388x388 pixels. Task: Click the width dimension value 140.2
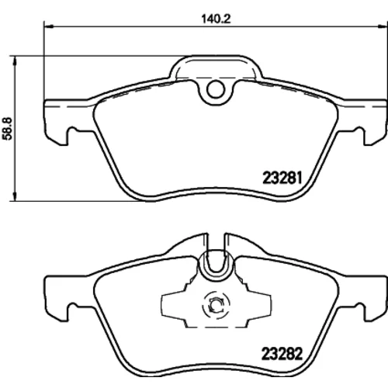pyautogui.click(x=216, y=19)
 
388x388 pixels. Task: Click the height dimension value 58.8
pyautogui.click(x=8, y=129)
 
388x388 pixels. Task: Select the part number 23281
pyautogui.click(x=282, y=178)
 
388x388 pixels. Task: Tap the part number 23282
pyautogui.click(x=282, y=354)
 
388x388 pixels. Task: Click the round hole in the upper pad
pyautogui.click(x=216, y=89)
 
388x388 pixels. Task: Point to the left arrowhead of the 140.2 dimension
pyautogui.click(x=49, y=26)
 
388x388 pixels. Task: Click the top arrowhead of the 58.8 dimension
pyautogui.click(x=16, y=60)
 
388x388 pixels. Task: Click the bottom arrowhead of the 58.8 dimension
pyautogui.click(x=16, y=196)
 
